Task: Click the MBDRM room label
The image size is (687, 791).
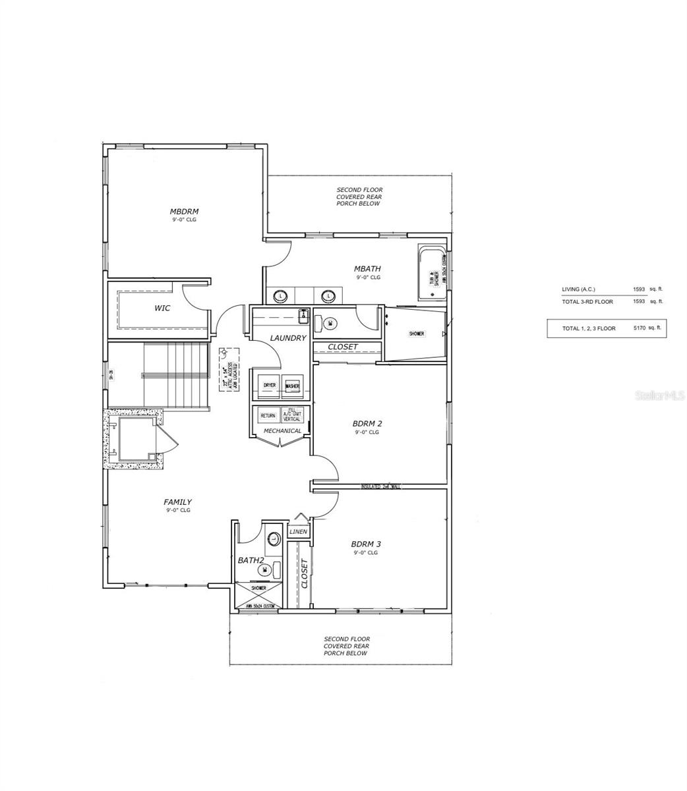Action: click(x=184, y=212)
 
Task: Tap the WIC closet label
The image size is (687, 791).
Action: click(x=162, y=308)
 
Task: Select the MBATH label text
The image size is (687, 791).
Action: click(x=367, y=268)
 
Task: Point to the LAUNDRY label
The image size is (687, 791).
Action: click(x=288, y=338)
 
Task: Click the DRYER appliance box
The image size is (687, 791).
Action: click(x=269, y=386)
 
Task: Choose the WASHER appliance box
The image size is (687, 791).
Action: click(x=291, y=386)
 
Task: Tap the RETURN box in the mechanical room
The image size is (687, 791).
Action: click(x=268, y=415)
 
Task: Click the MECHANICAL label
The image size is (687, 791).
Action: click(x=282, y=431)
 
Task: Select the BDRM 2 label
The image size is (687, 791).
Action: click(x=367, y=423)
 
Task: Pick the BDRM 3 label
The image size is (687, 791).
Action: click(x=366, y=544)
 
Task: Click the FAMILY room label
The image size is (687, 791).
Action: click(x=177, y=502)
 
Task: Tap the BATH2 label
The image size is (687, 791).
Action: click(x=251, y=560)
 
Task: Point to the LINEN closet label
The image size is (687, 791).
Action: click(x=298, y=531)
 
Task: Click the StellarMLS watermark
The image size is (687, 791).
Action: click(x=659, y=395)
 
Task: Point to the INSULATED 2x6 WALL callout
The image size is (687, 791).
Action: click(x=380, y=486)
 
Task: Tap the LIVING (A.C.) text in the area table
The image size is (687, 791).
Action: click(x=578, y=289)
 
